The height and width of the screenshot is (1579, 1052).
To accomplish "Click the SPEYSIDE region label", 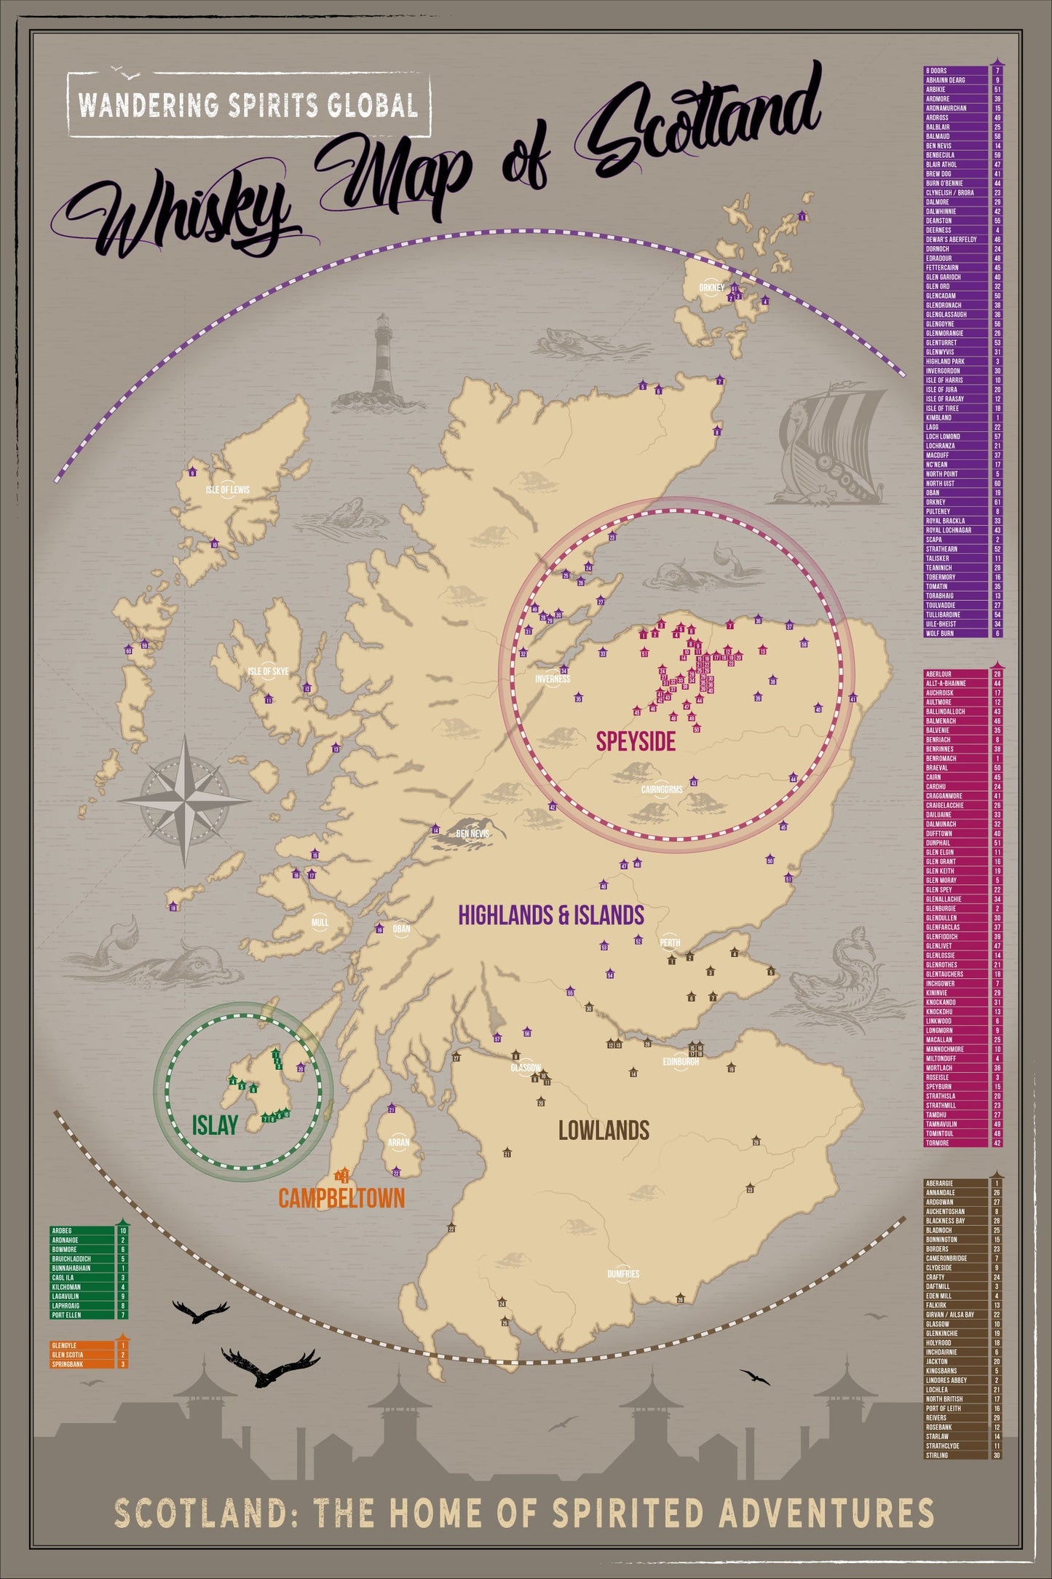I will tap(636, 741).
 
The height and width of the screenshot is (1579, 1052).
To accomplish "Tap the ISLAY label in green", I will tap(215, 1125).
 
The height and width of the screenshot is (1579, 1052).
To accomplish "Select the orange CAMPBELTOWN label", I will tap(341, 1198).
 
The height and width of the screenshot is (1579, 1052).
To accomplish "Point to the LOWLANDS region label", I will tap(604, 1130).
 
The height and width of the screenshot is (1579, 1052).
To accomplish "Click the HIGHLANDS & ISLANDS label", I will tap(551, 915).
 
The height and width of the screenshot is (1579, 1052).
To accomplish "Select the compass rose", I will tap(185, 800).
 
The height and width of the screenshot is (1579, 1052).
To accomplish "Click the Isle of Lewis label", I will tap(227, 490).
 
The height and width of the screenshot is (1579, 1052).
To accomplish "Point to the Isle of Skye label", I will tap(268, 671).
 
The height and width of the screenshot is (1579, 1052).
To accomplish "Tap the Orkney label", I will tap(711, 288).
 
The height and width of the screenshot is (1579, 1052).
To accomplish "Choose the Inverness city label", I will tap(553, 679).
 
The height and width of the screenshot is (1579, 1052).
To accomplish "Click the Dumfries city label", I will tap(623, 1274).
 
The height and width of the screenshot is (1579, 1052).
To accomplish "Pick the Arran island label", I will tap(398, 1143).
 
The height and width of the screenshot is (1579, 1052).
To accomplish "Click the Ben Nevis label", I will tap(472, 834).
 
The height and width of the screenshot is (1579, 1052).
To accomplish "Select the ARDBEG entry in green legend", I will tap(63, 1230).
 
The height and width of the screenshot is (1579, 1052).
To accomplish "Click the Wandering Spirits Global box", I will tap(248, 105).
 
